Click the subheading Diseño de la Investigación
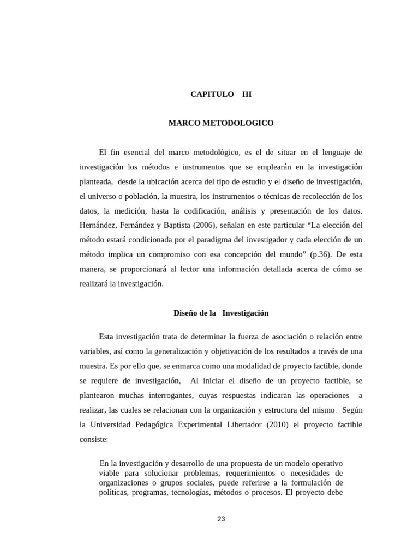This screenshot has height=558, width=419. tap(221, 313)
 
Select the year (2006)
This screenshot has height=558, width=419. tap(203, 225)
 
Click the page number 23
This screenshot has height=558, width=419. tap(221, 519)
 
